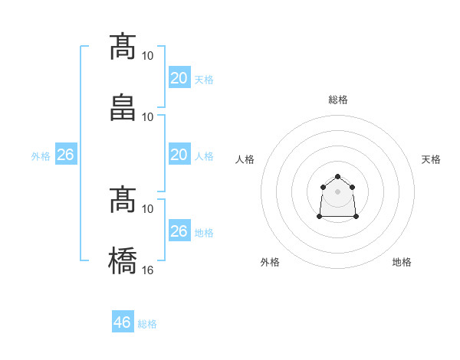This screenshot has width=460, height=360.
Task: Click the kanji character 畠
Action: (123, 108)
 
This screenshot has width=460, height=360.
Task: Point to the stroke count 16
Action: (148, 270)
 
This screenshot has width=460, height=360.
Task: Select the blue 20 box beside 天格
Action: (179, 78)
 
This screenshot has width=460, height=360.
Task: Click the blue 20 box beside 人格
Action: (179, 155)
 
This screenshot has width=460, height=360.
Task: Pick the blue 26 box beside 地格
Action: (179, 231)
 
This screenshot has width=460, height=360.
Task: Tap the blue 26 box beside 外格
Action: (65, 155)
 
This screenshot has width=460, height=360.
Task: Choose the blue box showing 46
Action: (123, 322)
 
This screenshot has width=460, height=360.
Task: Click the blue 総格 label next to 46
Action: (147, 324)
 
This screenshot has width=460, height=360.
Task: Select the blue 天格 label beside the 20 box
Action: (204, 80)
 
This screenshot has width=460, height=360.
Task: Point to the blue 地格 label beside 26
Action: (204, 233)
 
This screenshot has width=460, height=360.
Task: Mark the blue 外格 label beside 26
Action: (41, 156)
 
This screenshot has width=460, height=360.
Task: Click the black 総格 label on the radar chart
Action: (338, 100)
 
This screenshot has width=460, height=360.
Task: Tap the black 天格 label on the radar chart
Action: (432, 159)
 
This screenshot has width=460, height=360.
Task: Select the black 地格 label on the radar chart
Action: (402, 262)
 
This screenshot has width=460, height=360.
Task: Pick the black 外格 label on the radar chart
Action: (270, 262)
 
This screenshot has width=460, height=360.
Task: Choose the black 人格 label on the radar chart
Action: (245, 159)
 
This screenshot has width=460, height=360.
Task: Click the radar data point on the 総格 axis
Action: (337, 177)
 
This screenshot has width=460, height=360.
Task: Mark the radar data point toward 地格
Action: (356, 217)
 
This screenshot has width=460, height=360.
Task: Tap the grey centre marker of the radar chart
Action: (337, 191)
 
